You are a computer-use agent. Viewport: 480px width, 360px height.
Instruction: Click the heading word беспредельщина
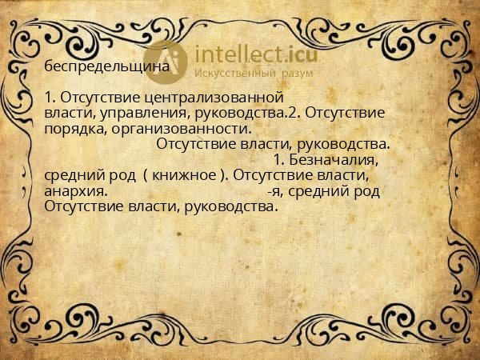click(x=107, y=66)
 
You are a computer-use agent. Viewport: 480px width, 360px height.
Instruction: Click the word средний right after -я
click(x=312, y=191)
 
